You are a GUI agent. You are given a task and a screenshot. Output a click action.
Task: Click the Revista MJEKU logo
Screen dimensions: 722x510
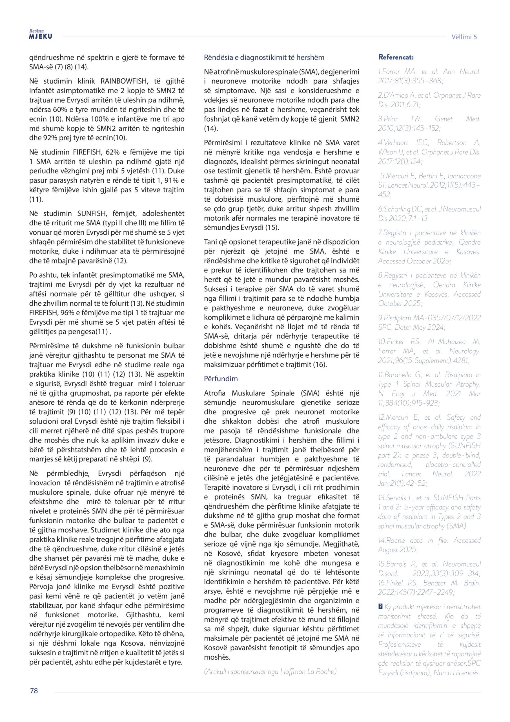pyautogui.click(x=41, y=35)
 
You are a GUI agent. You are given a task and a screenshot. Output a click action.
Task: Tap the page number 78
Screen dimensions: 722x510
pyautogui.click(x=34, y=691)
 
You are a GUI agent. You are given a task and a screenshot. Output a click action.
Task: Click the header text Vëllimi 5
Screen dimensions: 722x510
pyautogui.click(x=464, y=37)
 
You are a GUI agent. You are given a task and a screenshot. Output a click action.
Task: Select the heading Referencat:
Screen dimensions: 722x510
pyautogui.click(x=396, y=57)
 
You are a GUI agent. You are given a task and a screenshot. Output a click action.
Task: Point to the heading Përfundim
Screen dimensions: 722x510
pyautogui.click(x=221, y=378)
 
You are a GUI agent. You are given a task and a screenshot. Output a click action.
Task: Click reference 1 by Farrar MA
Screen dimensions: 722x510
pyautogui.click(x=429, y=76)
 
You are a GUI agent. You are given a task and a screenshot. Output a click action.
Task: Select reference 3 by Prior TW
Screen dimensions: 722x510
pyautogui.click(x=429, y=124)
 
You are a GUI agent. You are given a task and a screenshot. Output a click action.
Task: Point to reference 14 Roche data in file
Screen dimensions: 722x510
pyautogui.click(x=429, y=545)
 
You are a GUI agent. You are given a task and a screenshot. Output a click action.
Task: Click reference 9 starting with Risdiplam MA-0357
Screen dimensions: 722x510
pyautogui.click(x=429, y=322)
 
